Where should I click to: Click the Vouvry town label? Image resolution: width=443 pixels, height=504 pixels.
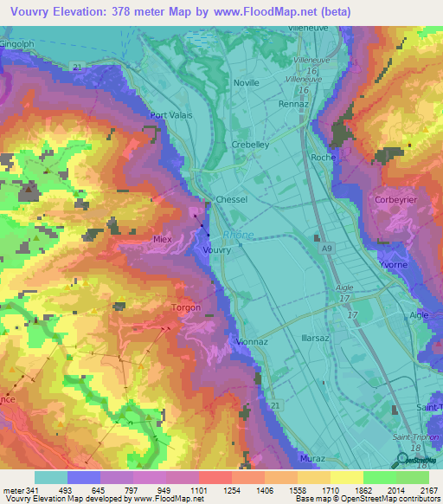pos(216,249)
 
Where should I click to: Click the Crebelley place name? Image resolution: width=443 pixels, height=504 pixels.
pos(250,145)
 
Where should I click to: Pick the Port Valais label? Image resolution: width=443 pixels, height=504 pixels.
pos(170,114)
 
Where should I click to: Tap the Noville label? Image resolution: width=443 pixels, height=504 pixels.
pos(247,82)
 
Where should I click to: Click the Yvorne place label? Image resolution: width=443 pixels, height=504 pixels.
pos(393,266)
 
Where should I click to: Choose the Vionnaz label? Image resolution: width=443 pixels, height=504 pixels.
pos(251,342)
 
